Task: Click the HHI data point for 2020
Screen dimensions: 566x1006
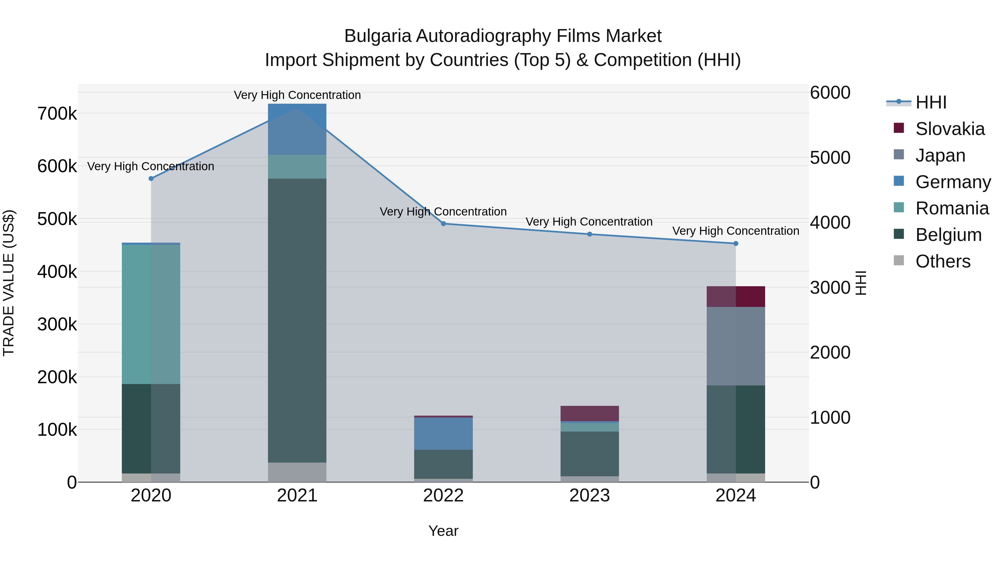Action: point(151,179)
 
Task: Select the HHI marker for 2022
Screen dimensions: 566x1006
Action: point(443,224)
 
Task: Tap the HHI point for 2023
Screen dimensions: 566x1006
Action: point(590,235)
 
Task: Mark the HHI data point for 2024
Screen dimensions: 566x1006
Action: point(736,243)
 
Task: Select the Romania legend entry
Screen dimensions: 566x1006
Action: point(952,208)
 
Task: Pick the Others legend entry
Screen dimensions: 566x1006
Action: point(943,261)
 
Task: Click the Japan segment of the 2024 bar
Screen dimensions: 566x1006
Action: point(736,346)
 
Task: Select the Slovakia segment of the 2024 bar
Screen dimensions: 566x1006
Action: point(736,297)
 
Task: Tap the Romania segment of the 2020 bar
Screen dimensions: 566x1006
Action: point(151,314)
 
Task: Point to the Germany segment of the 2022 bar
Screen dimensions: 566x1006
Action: point(443,434)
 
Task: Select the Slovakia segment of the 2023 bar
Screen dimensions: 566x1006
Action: point(590,413)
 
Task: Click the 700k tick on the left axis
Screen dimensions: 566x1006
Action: point(57,114)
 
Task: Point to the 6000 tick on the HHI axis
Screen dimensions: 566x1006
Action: point(830,93)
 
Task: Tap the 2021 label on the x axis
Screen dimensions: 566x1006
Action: point(297,495)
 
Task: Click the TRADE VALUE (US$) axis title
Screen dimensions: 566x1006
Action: point(9,283)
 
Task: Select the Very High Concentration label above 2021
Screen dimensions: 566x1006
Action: point(297,95)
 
